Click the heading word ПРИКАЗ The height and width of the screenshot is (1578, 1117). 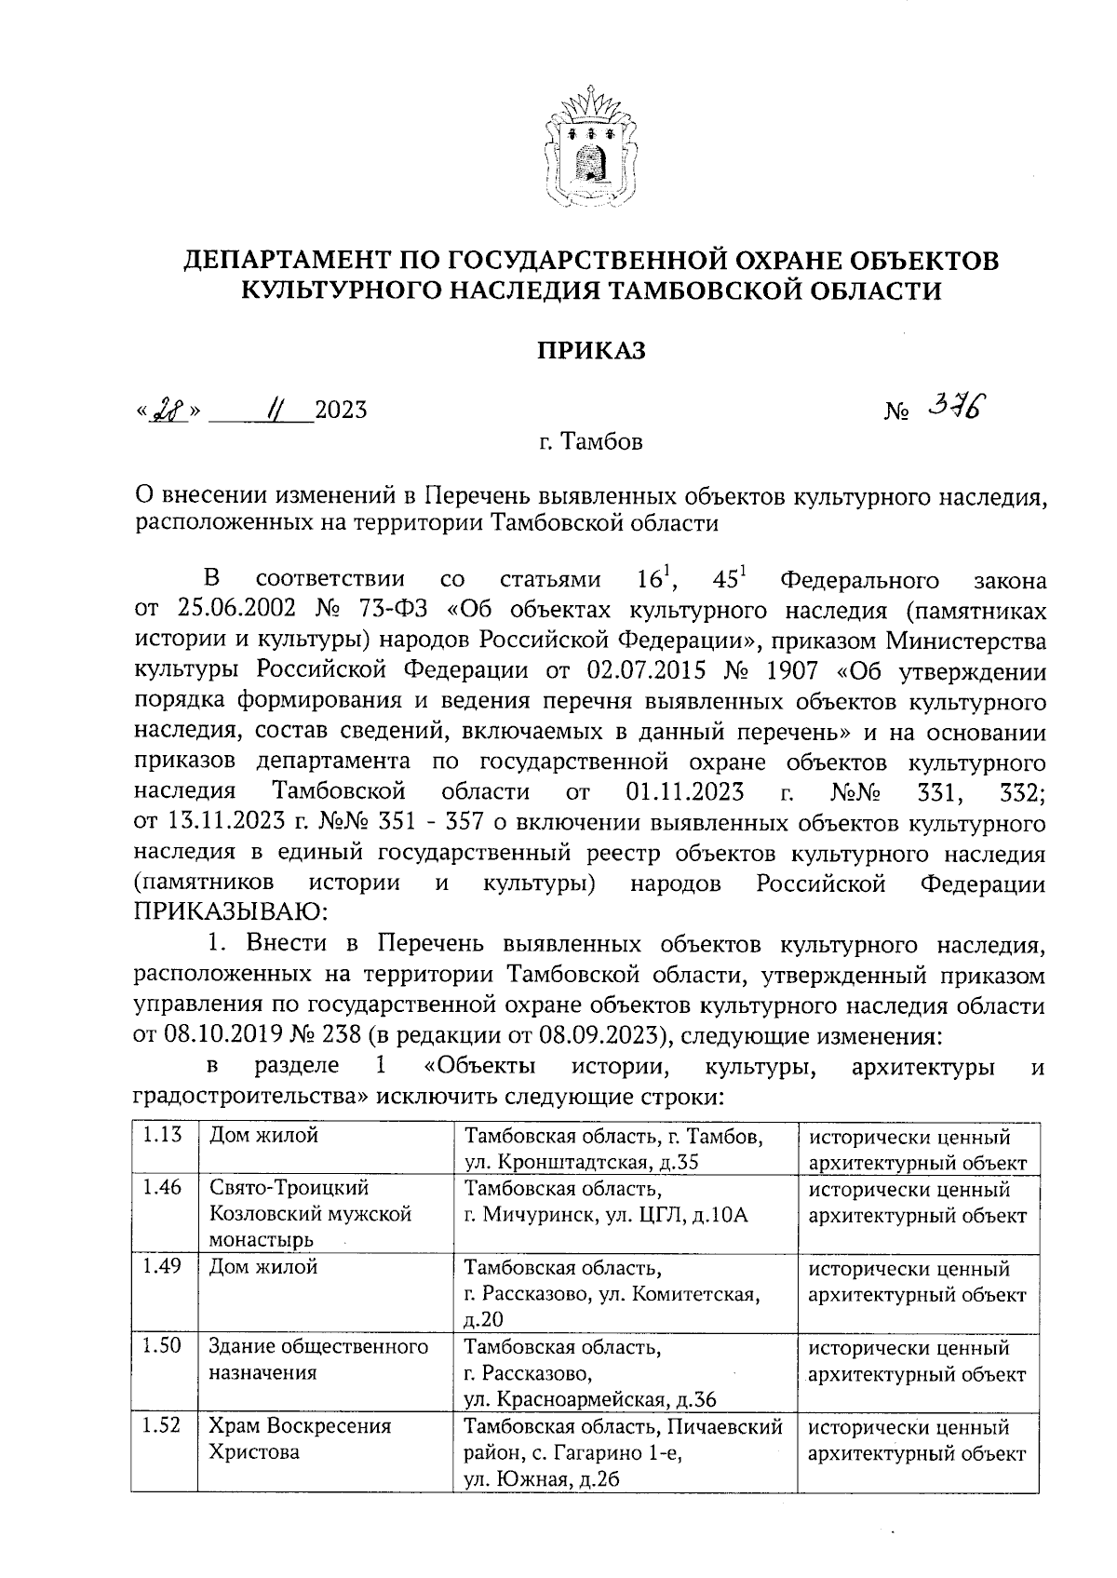pyautogui.click(x=590, y=351)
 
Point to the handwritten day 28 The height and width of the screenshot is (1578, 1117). pyautogui.click(x=168, y=410)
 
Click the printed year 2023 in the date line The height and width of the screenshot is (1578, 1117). pyautogui.click(x=341, y=411)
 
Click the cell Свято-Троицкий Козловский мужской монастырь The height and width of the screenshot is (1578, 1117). pyautogui.click(x=311, y=1214)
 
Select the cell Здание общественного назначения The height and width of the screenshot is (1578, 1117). pyautogui.click(x=318, y=1359)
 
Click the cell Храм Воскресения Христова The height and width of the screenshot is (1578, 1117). pyautogui.click(x=300, y=1438)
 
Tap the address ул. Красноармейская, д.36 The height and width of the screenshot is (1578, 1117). pyautogui.click(x=590, y=1399)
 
